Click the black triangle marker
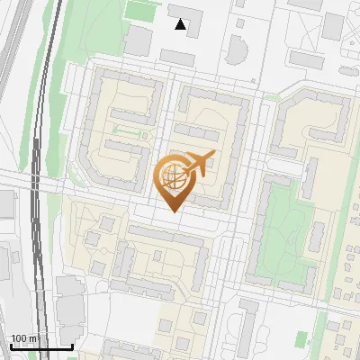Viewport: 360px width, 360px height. point(181,25)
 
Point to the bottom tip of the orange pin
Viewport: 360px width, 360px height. point(173,211)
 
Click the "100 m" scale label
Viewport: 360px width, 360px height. point(23,338)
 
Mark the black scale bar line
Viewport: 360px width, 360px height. point(40,346)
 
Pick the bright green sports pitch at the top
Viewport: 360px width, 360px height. point(139,11)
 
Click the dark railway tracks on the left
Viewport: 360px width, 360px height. point(36,180)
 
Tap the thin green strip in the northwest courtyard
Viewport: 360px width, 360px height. point(128,133)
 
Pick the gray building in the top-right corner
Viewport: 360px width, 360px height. point(333,27)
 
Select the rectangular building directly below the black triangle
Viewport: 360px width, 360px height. point(177,57)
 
